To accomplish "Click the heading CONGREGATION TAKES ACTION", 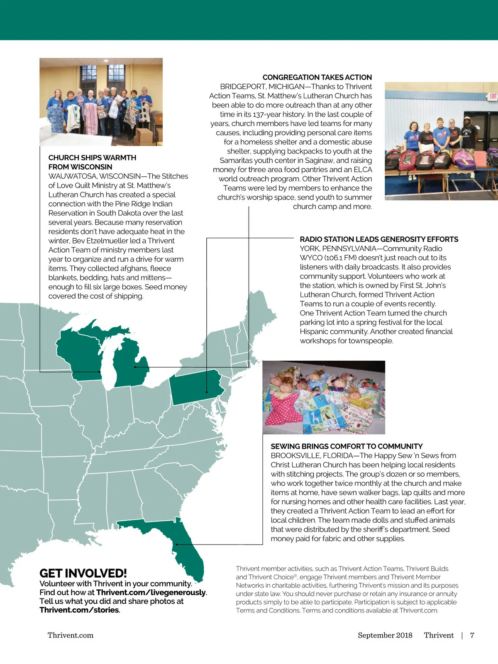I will coord(317,77).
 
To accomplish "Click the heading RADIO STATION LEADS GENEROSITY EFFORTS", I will coord(379,239).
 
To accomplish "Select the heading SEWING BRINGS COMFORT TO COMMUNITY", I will coord(347,446).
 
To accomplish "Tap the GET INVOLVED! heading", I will coord(83,573).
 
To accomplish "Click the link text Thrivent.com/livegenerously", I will coord(151,592).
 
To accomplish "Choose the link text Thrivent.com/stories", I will coord(79,610).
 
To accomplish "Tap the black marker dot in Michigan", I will coord(135,367).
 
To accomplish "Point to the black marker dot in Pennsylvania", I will coord(207,392).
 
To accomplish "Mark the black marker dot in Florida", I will coord(177,544).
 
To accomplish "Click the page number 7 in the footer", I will coord(472,635).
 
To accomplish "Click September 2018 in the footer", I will coord(385,635).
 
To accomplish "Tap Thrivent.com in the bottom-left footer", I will coord(71,635).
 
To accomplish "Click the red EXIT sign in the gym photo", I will coord(493,96).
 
